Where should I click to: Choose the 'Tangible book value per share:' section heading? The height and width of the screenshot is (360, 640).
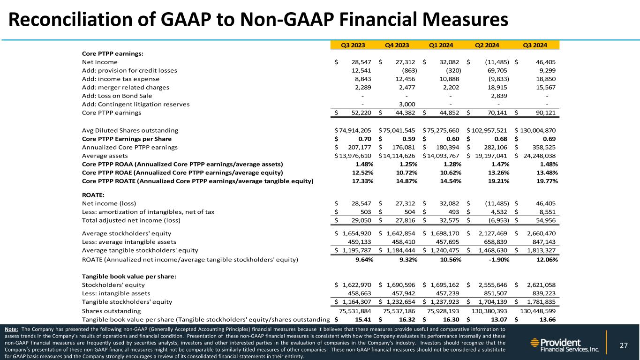pyautogui.click(x=129, y=276)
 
